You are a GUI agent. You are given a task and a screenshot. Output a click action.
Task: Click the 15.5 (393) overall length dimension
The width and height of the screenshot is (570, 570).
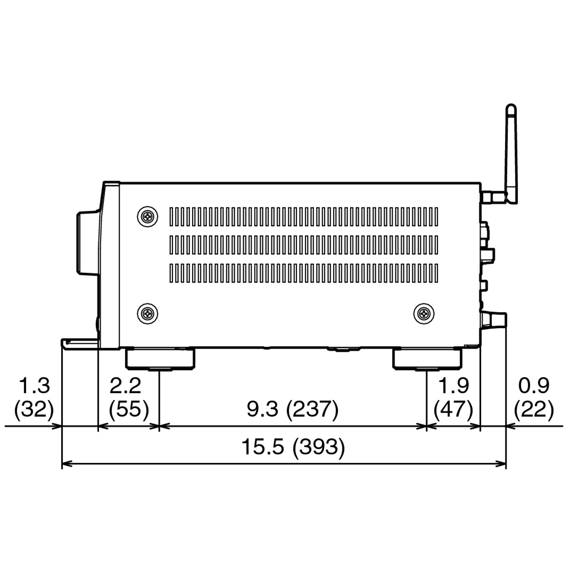293,447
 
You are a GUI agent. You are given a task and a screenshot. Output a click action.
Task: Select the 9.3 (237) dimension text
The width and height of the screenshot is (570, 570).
292,409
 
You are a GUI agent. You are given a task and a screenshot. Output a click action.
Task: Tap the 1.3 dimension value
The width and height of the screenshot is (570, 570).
34,385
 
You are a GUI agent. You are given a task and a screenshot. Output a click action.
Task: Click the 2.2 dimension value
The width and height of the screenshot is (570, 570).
125,385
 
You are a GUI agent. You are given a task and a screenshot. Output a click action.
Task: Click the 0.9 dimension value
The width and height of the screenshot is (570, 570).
534,385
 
